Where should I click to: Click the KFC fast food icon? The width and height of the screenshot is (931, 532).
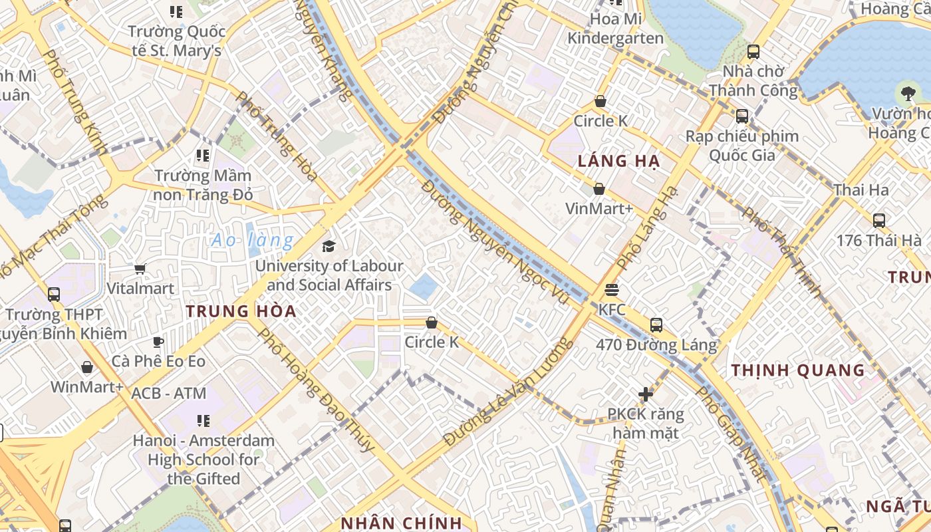612,290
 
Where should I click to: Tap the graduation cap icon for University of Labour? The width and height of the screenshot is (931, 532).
329,247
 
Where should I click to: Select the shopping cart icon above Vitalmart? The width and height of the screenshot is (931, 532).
140,269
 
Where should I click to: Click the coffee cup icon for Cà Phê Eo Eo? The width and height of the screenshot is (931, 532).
158,342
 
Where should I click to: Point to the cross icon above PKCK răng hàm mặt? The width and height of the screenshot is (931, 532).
645,394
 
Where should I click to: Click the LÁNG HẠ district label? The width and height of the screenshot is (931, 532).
618,161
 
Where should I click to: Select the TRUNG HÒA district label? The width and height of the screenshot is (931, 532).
241,311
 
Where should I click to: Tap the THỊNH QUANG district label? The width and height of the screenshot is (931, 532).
798,370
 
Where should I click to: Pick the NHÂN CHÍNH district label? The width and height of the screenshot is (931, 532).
401,523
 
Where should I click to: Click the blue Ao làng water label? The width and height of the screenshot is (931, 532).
253,240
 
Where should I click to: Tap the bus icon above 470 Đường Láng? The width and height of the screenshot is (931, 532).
656,325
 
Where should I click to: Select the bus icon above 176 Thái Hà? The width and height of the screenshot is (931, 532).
878,221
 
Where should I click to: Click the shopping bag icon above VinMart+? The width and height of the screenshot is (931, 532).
599,190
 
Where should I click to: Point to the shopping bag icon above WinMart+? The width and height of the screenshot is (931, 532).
87,368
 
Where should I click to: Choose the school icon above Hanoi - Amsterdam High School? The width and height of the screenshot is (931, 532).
203,421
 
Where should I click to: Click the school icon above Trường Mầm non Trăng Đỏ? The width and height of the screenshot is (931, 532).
203,156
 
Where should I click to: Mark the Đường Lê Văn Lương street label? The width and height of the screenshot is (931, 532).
508,392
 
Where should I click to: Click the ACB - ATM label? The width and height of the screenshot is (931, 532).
169,393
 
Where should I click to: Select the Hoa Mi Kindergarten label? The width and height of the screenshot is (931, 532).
616,29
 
